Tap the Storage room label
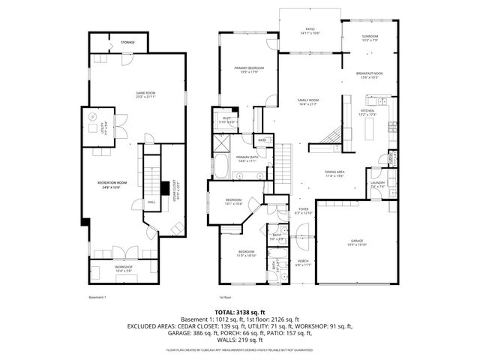click(128, 43)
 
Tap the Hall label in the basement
click(151, 202)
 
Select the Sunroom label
click(370, 38)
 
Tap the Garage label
click(355, 242)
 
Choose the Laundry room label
click(377, 184)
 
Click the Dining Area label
click(334, 173)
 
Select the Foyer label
click(303, 211)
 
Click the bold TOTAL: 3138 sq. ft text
click(239, 311)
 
